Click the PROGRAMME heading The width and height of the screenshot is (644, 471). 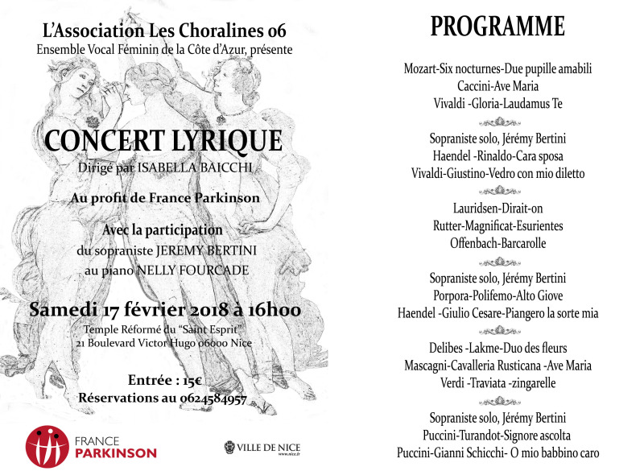click(x=497, y=27)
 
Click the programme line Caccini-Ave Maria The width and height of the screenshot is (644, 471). click(x=497, y=85)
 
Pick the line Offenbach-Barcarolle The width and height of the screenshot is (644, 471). click(x=497, y=242)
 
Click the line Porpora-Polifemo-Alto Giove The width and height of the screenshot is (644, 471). click(x=497, y=295)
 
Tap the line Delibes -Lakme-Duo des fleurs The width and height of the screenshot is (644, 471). click(x=497, y=348)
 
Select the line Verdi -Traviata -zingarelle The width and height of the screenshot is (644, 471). click(x=497, y=383)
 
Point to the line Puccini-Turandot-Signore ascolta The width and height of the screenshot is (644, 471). click(x=497, y=436)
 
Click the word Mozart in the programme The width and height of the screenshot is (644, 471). click(x=423, y=68)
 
